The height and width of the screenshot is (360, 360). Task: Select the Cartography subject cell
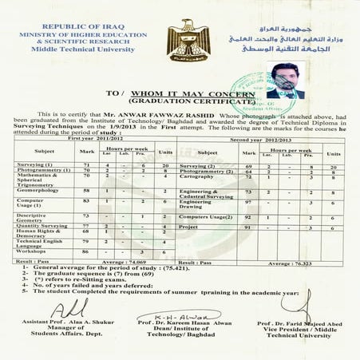click(196, 177)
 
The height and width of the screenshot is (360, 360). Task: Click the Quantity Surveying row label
click(41, 227)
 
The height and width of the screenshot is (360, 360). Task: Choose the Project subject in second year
click(188, 227)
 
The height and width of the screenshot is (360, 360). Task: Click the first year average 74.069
click(115, 261)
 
